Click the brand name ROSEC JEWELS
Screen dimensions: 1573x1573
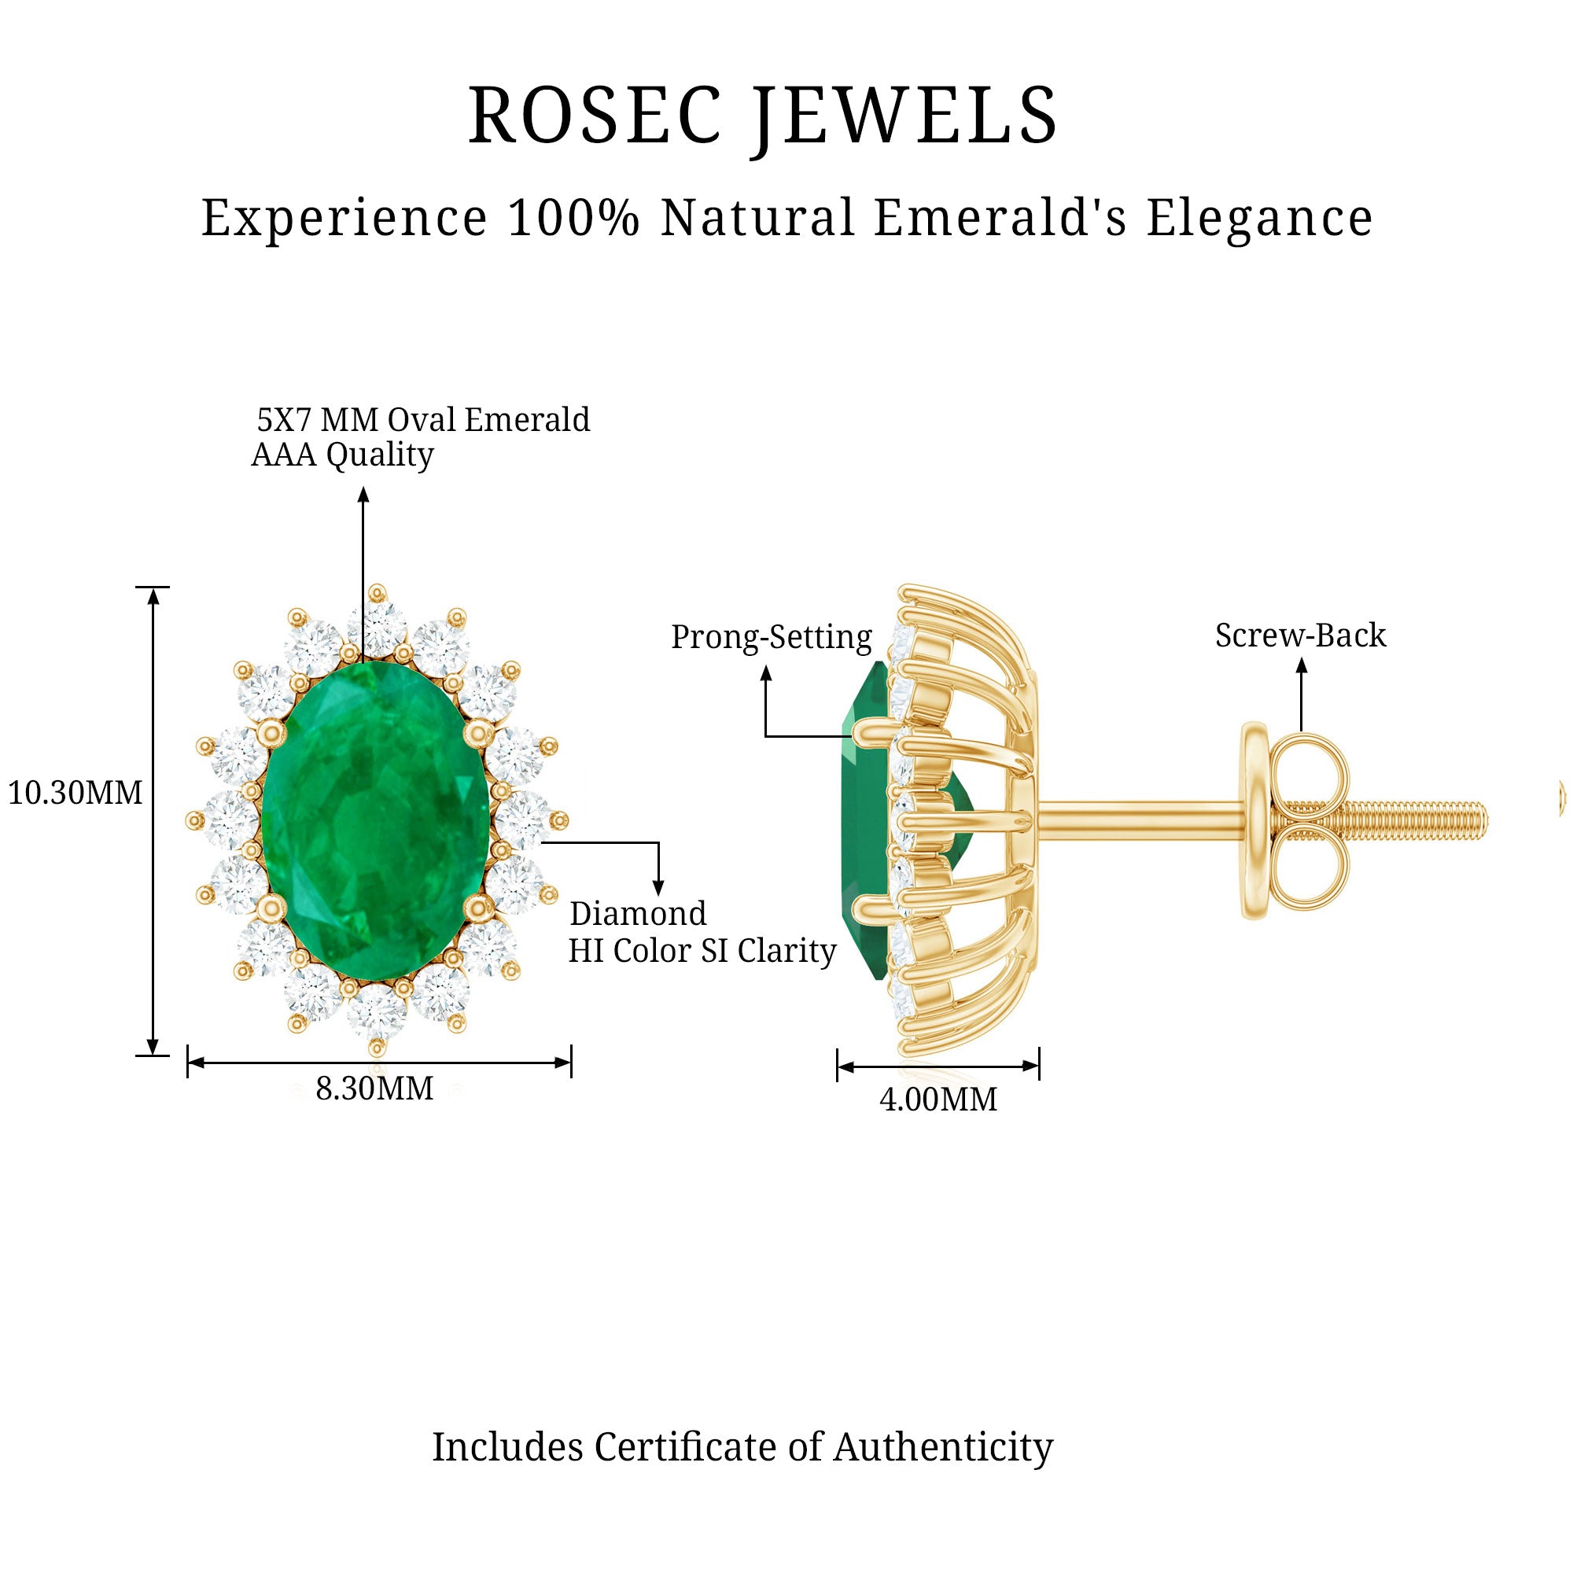pos(762,116)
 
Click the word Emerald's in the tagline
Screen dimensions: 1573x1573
pos(1000,218)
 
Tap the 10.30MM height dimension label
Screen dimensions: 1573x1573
pos(75,792)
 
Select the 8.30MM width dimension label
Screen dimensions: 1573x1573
pos(374,1088)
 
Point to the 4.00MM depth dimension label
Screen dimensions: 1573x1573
pos(938,1100)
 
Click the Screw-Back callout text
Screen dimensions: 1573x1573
pos(1300,635)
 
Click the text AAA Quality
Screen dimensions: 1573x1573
pos(343,455)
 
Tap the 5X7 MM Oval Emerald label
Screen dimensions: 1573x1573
pos(423,420)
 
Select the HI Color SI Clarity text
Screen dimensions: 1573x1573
pos(702,951)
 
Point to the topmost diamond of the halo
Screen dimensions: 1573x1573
pos(377,628)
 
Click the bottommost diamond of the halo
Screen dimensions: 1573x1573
pos(376,1013)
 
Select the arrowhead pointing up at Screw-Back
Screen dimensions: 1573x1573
pos(1301,665)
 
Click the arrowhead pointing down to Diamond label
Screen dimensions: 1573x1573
pos(658,887)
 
